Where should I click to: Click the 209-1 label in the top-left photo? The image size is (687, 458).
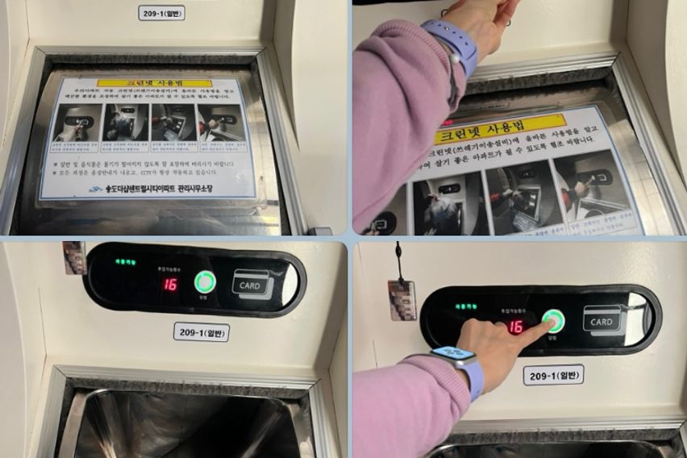161,12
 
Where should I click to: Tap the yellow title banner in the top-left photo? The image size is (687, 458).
154,82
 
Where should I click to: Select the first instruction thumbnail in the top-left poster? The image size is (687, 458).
78,123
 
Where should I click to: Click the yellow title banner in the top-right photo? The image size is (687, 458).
500,130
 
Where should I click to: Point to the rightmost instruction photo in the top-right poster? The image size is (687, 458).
593,189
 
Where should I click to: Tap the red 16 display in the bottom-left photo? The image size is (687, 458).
170,284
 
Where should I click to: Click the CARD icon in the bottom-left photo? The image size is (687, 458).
252,284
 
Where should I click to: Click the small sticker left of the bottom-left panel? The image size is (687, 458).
74,257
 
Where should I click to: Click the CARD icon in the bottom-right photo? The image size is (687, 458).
602,320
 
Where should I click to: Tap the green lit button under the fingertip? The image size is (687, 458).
552,321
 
